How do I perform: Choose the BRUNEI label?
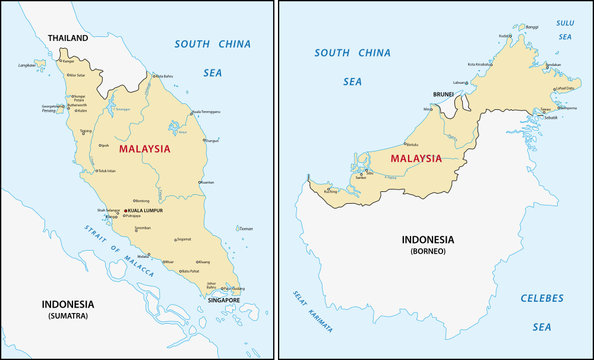click(443, 94)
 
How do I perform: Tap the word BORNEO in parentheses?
click(427, 251)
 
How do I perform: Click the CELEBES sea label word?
click(541, 298)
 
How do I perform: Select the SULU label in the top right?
click(565, 19)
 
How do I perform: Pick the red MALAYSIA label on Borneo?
click(415, 157)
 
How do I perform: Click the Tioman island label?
click(246, 228)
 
